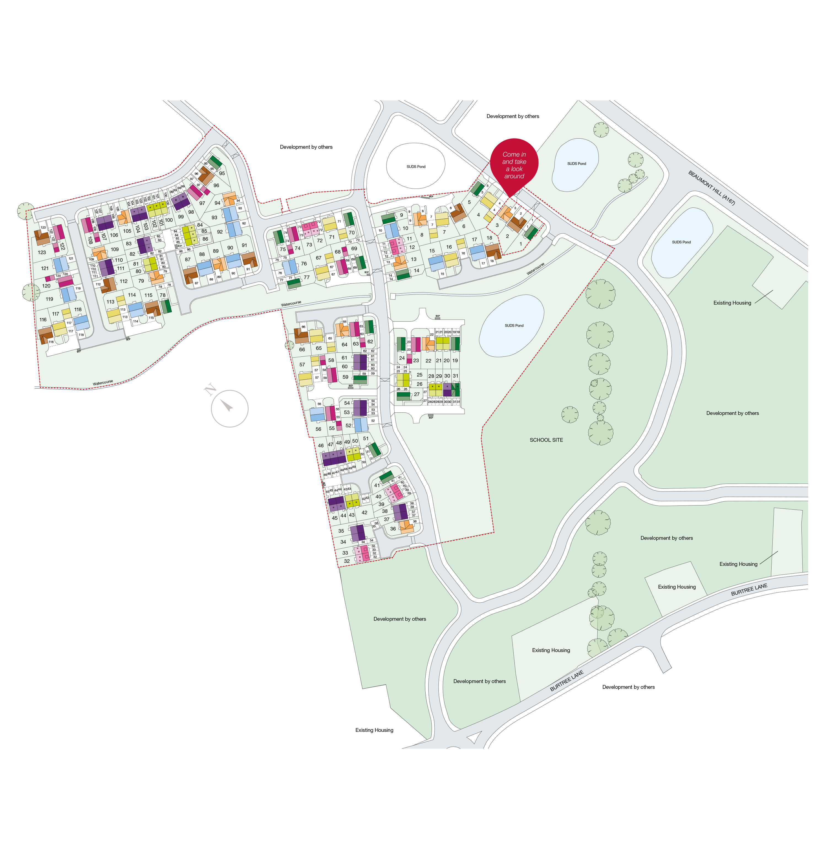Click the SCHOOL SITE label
click(x=546, y=440)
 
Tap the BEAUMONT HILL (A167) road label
click(x=711, y=188)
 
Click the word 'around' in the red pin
click(x=514, y=176)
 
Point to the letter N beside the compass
click(x=210, y=389)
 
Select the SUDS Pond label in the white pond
click(x=416, y=166)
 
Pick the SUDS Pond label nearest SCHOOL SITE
click(x=514, y=326)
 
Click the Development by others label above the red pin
click(x=512, y=116)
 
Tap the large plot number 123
click(x=42, y=252)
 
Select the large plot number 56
click(x=318, y=429)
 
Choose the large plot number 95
click(x=222, y=173)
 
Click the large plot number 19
click(x=455, y=361)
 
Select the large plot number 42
click(x=364, y=513)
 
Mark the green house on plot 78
click(x=167, y=306)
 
